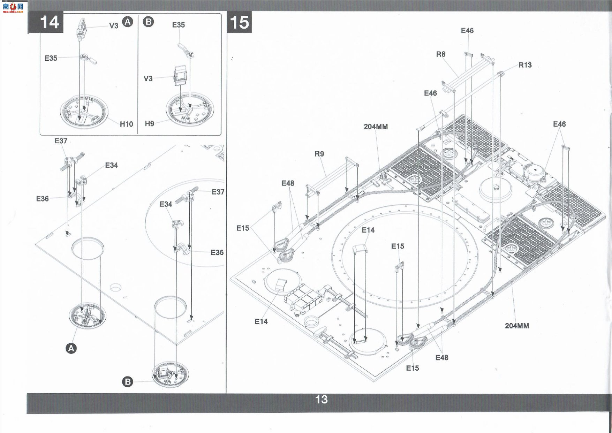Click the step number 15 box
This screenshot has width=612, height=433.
click(239, 22)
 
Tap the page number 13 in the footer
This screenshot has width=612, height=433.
click(321, 400)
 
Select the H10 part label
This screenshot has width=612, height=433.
click(126, 124)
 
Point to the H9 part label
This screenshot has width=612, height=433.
click(149, 124)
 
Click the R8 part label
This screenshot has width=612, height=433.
click(441, 54)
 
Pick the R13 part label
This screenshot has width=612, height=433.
click(525, 65)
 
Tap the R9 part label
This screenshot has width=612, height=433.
click(319, 154)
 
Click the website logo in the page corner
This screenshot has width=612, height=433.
click(13, 7)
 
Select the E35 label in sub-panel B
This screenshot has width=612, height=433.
click(178, 25)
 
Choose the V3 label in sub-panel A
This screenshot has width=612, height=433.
click(114, 25)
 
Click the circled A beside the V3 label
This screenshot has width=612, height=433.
click(128, 22)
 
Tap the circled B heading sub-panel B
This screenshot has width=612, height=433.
click(148, 22)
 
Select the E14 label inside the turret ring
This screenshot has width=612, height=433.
click(368, 230)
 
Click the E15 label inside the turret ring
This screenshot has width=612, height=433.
click(397, 246)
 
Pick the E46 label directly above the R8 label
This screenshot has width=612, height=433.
click(467, 31)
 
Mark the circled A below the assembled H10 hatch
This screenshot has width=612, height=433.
click(71, 348)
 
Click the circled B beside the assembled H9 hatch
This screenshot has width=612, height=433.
click(128, 382)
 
